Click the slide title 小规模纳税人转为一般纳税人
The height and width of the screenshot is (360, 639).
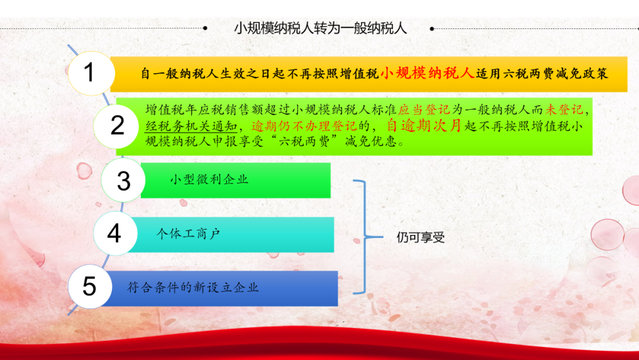point(320,28)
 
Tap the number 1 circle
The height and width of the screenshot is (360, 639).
point(91,73)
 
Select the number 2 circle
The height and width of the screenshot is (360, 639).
point(117,126)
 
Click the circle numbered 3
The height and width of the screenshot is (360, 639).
point(123,180)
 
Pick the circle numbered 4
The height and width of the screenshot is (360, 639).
point(115,233)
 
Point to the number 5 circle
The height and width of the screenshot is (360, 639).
point(90,286)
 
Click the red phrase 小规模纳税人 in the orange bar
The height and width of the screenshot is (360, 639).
point(427,73)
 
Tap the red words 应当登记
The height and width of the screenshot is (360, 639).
point(424,110)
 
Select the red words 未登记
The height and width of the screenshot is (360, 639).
point(564,110)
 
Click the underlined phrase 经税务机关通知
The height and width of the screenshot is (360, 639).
point(191,126)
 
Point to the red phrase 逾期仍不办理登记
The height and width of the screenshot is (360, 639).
point(304,126)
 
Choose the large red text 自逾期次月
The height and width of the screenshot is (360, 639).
point(424,125)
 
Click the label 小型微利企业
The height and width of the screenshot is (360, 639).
point(209,179)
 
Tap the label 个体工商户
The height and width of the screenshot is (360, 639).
point(188,234)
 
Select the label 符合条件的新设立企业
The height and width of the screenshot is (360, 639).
point(193,287)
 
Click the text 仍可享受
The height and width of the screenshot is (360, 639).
point(420,237)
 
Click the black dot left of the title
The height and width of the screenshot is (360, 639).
point(205,28)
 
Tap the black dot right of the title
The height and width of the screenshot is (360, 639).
point(432,28)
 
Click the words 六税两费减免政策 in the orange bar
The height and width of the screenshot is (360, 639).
point(556,74)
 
